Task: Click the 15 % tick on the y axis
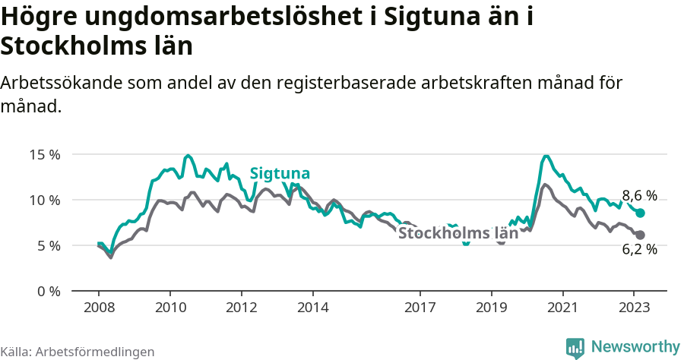click(x=44, y=154)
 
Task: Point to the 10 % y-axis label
click(x=44, y=200)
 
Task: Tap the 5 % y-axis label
click(x=47, y=245)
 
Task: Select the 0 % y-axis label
click(x=47, y=291)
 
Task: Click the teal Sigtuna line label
click(x=280, y=173)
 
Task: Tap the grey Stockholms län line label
click(x=458, y=233)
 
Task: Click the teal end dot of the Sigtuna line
click(x=640, y=213)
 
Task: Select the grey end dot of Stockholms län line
click(x=640, y=235)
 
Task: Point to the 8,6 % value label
click(x=639, y=195)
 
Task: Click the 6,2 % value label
click(x=639, y=249)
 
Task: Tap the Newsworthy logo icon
click(x=575, y=347)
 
